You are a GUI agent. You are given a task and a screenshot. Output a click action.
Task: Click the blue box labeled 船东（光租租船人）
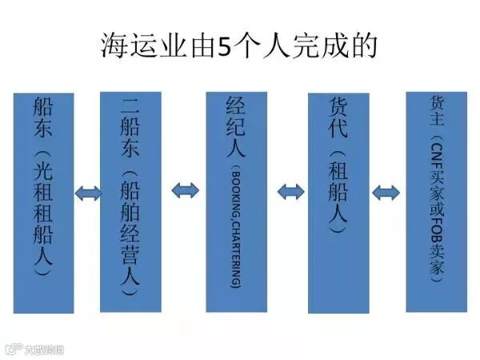(43, 200)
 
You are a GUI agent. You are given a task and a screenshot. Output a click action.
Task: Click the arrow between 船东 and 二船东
(86, 193)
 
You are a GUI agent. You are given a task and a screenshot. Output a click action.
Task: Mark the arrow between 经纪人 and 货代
(290, 191)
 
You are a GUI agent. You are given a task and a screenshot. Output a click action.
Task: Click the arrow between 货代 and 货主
(387, 191)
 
